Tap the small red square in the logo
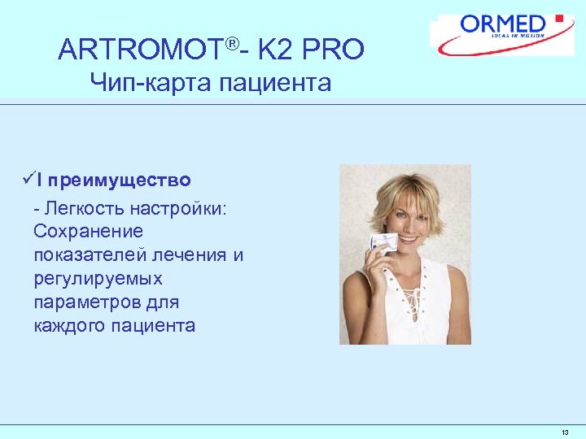(559, 18)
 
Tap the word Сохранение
(88, 232)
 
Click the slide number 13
(565, 432)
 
